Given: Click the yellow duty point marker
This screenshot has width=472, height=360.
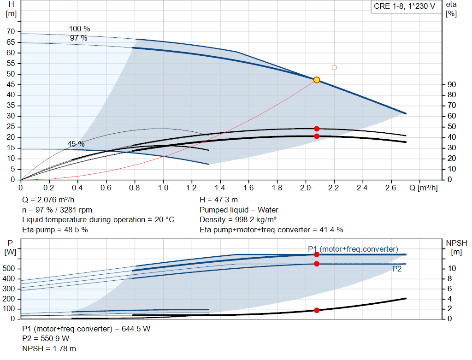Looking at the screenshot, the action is (x=316, y=80).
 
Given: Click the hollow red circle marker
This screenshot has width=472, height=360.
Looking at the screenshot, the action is (x=334, y=68).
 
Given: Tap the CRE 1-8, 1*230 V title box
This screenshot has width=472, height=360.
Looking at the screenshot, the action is (x=405, y=6).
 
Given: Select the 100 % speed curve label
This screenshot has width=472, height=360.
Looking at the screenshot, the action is (x=79, y=29).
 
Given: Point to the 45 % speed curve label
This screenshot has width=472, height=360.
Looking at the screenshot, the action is (x=76, y=144).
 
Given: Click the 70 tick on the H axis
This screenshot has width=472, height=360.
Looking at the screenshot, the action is (x=11, y=32).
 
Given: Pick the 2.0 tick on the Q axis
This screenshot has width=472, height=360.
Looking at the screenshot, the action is (x=305, y=188).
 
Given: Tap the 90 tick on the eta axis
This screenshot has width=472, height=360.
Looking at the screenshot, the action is (x=452, y=84).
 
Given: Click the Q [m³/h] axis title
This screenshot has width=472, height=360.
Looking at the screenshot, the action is (x=423, y=188).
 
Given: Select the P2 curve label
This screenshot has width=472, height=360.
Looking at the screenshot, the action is (x=397, y=269).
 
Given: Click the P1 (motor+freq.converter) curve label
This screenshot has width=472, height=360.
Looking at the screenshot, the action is (x=353, y=249).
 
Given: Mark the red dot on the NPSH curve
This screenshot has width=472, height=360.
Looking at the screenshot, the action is (x=317, y=310).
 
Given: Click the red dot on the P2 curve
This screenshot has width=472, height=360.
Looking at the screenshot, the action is (x=317, y=264).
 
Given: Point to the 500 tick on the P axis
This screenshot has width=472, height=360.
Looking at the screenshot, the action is (x=8, y=268).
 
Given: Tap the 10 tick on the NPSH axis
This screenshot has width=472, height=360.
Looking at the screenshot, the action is (x=452, y=268).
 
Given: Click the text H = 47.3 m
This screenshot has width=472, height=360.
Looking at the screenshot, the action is (x=218, y=200).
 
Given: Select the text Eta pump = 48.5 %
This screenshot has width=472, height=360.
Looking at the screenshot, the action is (x=55, y=230).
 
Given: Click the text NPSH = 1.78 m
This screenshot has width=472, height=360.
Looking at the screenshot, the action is (x=49, y=348).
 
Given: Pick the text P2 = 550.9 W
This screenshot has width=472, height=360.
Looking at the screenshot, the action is (x=46, y=339).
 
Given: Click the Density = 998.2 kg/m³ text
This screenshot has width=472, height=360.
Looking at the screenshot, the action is (x=238, y=220).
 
